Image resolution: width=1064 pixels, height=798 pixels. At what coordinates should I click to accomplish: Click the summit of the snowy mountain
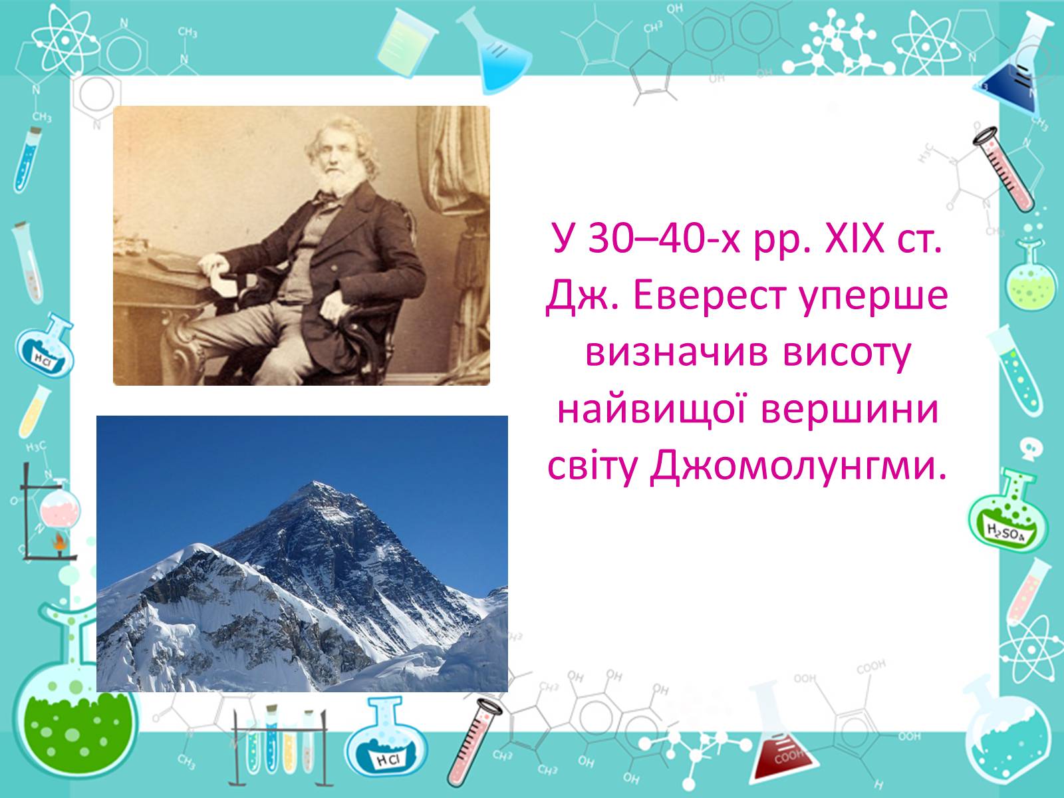[x=314, y=482]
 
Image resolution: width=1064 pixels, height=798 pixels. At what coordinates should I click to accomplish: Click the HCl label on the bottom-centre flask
[x=388, y=759]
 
